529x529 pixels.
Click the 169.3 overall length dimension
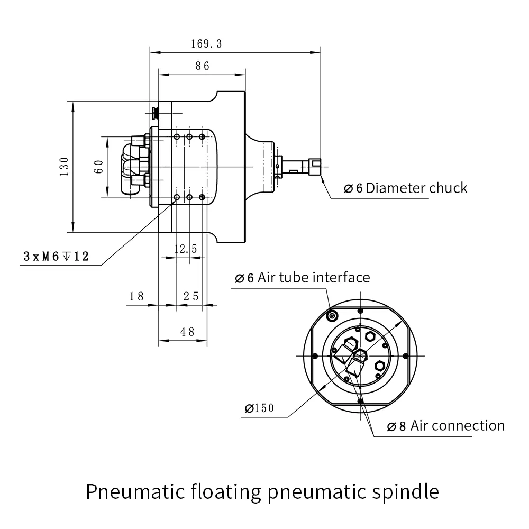(206, 44)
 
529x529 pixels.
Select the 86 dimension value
(203, 66)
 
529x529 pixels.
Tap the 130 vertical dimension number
(65, 167)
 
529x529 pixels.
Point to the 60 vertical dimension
(98, 167)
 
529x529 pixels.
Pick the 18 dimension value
(136, 296)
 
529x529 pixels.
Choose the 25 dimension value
(191, 296)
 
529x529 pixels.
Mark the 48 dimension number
(187, 332)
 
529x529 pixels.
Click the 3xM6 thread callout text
(56, 257)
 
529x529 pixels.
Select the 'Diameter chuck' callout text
(406, 188)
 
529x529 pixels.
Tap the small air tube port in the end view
(333, 316)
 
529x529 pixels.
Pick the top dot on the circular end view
(360, 311)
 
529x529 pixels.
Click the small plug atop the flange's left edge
(154, 112)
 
